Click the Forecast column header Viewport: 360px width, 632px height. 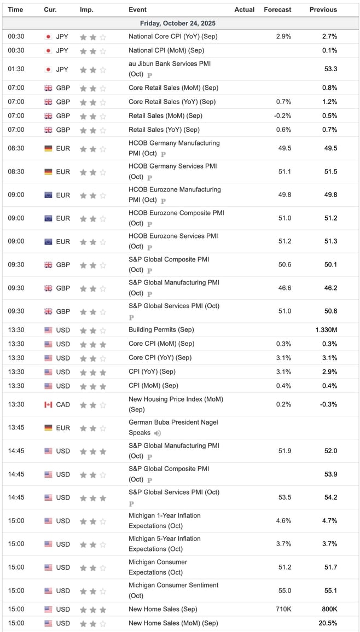pyautogui.click(x=277, y=9)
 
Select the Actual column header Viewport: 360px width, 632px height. pyautogui.click(x=244, y=9)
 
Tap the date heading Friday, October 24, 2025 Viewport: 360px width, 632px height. pyautogui.click(x=180, y=24)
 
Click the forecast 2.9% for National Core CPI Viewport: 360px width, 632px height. pyautogui.click(x=283, y=37)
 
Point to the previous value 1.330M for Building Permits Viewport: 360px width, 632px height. pyautogui.click(x=326, y=330)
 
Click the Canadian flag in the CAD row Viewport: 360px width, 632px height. pyautogui.click(x=48, y=404)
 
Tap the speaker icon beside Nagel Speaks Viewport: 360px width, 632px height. pyautogui.click(x=158, y=433)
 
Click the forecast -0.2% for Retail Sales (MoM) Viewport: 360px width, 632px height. pyautogui.click(x=282, y=115)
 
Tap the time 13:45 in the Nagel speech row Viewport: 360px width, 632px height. pyautogui.click(x=16, y=428)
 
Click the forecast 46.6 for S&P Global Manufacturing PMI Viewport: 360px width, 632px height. pyautogui.click(x=284, y=288)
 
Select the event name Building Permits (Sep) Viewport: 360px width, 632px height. pyautogui.click(x=161, y=330)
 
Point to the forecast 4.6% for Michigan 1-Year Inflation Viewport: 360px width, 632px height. pyautogui.click(x=283, y=521)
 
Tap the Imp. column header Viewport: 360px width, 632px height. pyautogui.click(x=86, y=9)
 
